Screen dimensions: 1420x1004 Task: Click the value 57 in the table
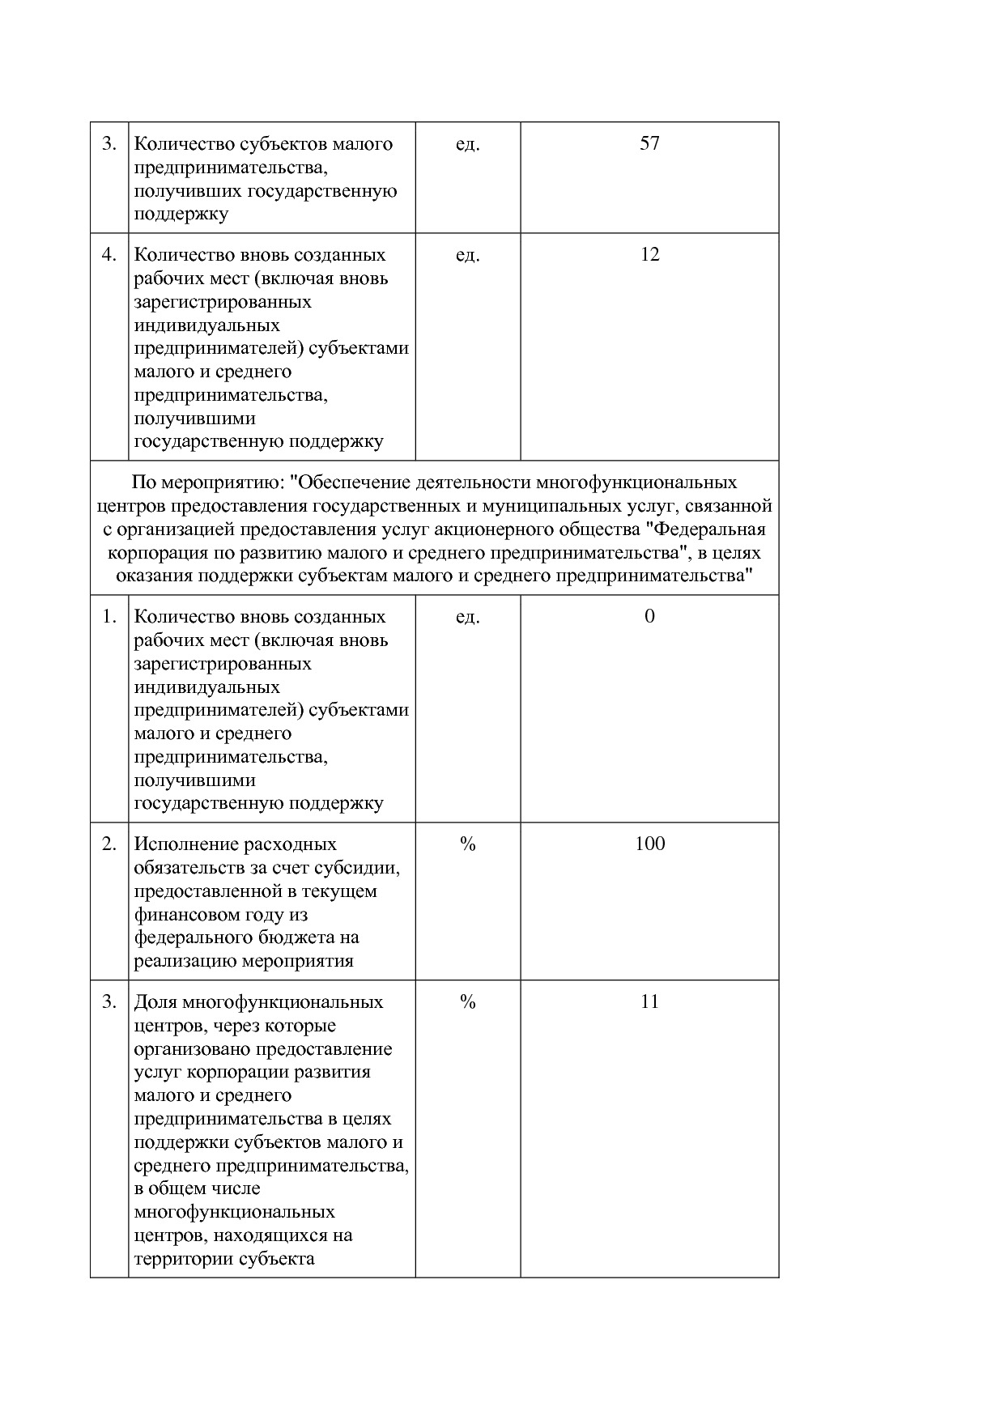649,144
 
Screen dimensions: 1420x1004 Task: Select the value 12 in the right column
649,255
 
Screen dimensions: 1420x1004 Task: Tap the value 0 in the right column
649,617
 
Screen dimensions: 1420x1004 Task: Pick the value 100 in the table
649,844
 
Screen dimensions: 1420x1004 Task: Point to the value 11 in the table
649,1002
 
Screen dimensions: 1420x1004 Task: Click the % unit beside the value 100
467,844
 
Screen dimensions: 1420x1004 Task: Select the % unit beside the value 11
467,1002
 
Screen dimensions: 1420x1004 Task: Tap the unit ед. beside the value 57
467,144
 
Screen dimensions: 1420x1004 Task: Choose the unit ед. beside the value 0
467,617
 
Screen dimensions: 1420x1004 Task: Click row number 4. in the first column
109,255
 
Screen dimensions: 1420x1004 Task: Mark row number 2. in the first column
109,844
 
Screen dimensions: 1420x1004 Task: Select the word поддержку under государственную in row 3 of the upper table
181,215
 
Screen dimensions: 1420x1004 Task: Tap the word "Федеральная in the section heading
708,529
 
